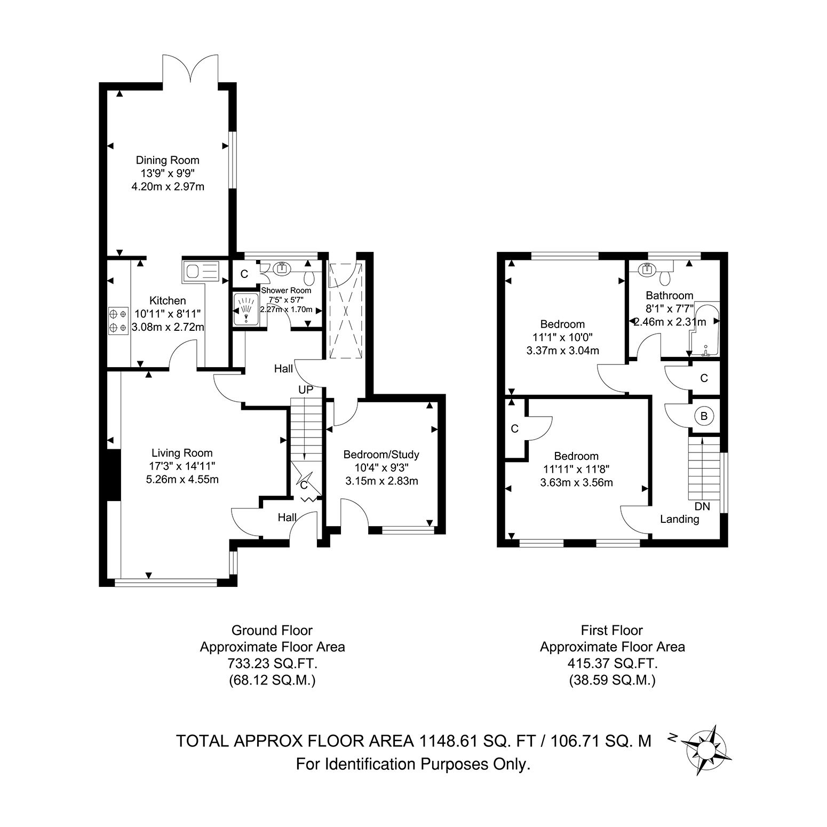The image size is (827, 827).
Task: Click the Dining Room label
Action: [168, 160]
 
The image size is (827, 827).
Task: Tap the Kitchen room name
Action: [168, 301]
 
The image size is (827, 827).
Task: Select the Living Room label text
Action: [182, 454]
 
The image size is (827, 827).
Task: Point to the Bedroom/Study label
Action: [381, 455]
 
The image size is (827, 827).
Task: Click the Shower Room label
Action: [286, 290]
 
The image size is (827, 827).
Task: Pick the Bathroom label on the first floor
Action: [670, 296]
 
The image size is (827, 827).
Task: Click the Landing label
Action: [680, 519]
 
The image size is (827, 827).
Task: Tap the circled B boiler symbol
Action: [704, 416]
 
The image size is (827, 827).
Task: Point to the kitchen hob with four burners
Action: [118, 321]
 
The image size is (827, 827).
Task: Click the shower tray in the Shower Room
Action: [246, 309]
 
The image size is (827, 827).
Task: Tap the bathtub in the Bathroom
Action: [704, 331]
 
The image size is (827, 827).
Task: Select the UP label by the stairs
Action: [306, 390]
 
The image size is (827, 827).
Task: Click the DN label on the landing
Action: [703, 506]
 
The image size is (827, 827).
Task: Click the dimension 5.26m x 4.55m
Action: [182, 479]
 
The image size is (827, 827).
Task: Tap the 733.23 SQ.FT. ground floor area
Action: [273, 664]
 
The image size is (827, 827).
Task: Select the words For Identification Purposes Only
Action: [413, 765]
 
